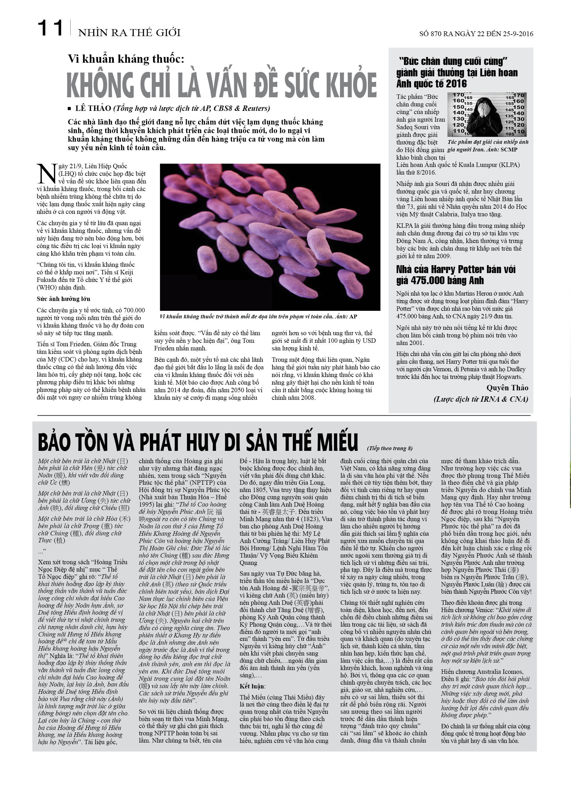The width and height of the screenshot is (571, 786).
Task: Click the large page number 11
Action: pyautogui.click(x=50, y=29)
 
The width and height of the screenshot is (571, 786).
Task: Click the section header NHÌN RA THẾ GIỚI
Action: pyautogui.click(x=129, y=33)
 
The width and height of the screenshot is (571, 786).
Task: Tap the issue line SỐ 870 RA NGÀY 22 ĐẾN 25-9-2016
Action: pyautogui.click(x=476, y=34)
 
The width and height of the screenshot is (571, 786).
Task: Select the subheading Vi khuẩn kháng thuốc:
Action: pyautogui.click(x=126, y=59)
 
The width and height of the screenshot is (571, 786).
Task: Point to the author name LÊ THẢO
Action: pyautogui.click(x=93, y=108)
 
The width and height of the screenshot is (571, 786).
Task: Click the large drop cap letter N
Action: pyautogui.click(x=47, y=174)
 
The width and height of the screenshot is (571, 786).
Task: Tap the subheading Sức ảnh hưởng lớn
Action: pyautogui.click(x=63, y=299)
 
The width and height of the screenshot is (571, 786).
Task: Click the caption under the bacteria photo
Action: pyautogui.click(x=258, y=316)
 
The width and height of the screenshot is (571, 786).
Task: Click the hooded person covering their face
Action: pyautogui.click(x=486, y=117)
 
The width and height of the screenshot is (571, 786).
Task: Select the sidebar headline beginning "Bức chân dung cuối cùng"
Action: pyautogui.click(x=457, y=73)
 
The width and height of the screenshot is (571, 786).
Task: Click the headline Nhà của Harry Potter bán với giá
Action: pyautogui.click(x=456, y=274)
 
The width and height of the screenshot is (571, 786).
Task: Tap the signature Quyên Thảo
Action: pyautogui.click(x=507, y=388)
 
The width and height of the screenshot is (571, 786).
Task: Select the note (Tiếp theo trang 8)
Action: pyautogui.click(x=390, y=448)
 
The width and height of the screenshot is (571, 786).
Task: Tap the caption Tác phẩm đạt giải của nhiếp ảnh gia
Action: pyautogui.click(x=488, y=145)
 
